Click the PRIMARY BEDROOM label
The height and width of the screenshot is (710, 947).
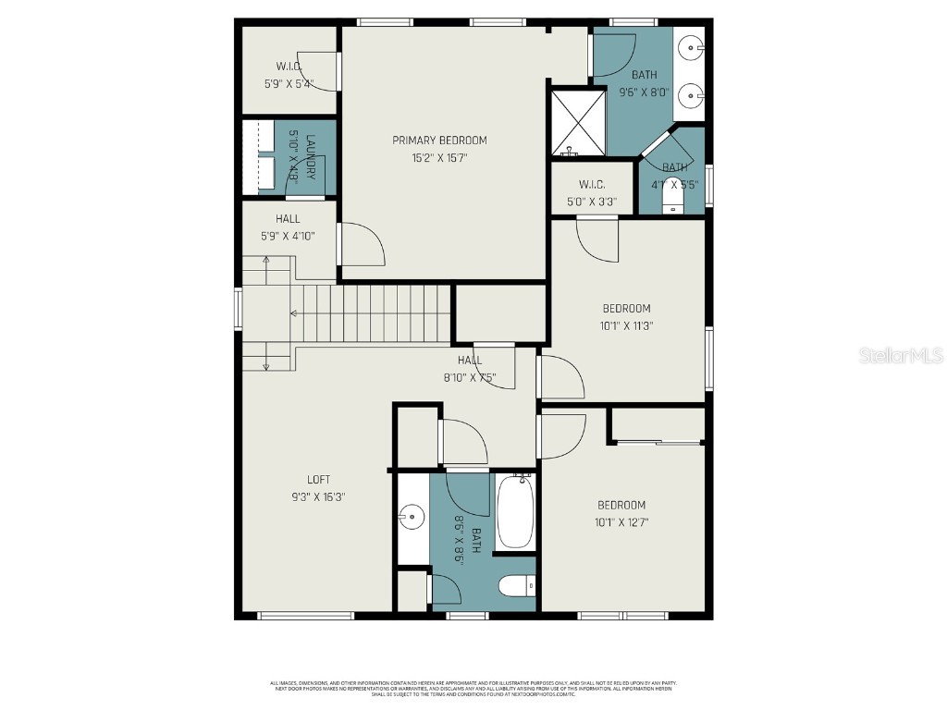click(439, 141)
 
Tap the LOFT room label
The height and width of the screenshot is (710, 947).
click(318, 480)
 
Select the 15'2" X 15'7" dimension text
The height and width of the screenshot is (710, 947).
click(439, 158)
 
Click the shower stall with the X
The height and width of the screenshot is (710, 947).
click(576, 121)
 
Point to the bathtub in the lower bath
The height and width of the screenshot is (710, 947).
click(515, 512)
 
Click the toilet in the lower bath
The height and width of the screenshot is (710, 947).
click(516, 586)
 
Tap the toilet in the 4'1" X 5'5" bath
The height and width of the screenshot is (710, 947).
click(672, 196)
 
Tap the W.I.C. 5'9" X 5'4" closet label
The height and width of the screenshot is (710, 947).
click(289, 75)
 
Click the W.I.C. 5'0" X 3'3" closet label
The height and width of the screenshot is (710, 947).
click(591, 193)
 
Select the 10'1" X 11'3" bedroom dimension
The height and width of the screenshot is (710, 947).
click(626, 325)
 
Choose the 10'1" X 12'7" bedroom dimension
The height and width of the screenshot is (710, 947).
click(621, 522)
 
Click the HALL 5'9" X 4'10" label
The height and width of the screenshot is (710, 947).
click(288, 227)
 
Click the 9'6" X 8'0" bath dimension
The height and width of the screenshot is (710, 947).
click(644, 92)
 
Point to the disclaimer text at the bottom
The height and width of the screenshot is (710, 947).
click(473, 688)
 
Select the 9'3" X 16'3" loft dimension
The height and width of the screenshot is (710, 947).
click(318, 496)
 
